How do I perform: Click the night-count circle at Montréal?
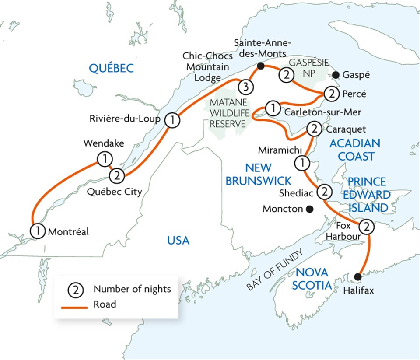(38, 231)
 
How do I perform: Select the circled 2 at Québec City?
(117, 176)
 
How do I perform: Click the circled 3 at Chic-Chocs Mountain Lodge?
(245, 87)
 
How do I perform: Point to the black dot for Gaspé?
(336, 74)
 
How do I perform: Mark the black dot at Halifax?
(358, 276)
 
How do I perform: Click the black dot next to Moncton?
(310, 209)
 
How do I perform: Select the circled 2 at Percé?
(331, 93)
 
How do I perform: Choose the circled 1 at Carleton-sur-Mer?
(273, 107)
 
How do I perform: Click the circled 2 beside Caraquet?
(314, 129)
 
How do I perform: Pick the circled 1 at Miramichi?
(301, 163)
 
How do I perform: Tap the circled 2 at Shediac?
(324, 192)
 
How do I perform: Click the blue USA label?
(178, 240)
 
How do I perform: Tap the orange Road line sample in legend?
(74, 304)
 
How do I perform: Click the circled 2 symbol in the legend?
(74, 289)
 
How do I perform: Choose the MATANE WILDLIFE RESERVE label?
(229, 113)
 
